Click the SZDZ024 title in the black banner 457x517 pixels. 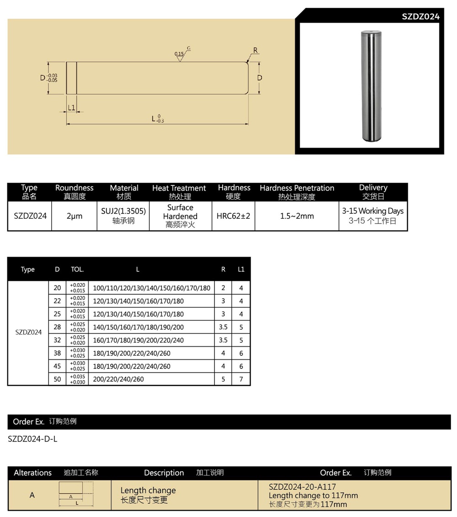click(x=420, y=16)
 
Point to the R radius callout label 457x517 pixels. click(x=255, y=50)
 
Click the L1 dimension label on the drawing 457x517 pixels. click(x=71, y=107)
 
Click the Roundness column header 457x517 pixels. click(x=74, y=192)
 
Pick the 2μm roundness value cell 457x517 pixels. click(x=74, y=216)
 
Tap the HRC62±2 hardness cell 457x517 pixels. click(x=233, y=216)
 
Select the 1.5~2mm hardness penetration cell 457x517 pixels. click(x=297, y=216)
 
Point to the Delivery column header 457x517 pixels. click(x=373, y=192)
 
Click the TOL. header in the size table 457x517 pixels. click(x=77, y=269)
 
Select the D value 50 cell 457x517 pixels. click(x=57, y=379)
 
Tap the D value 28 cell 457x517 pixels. click(x=57, y=327)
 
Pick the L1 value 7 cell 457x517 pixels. click(x=241, y=379)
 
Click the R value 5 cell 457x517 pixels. click(x=223, y=379)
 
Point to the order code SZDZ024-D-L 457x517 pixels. click(x=33, y=439)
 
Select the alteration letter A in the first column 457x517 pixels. click(x=32, y=495)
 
